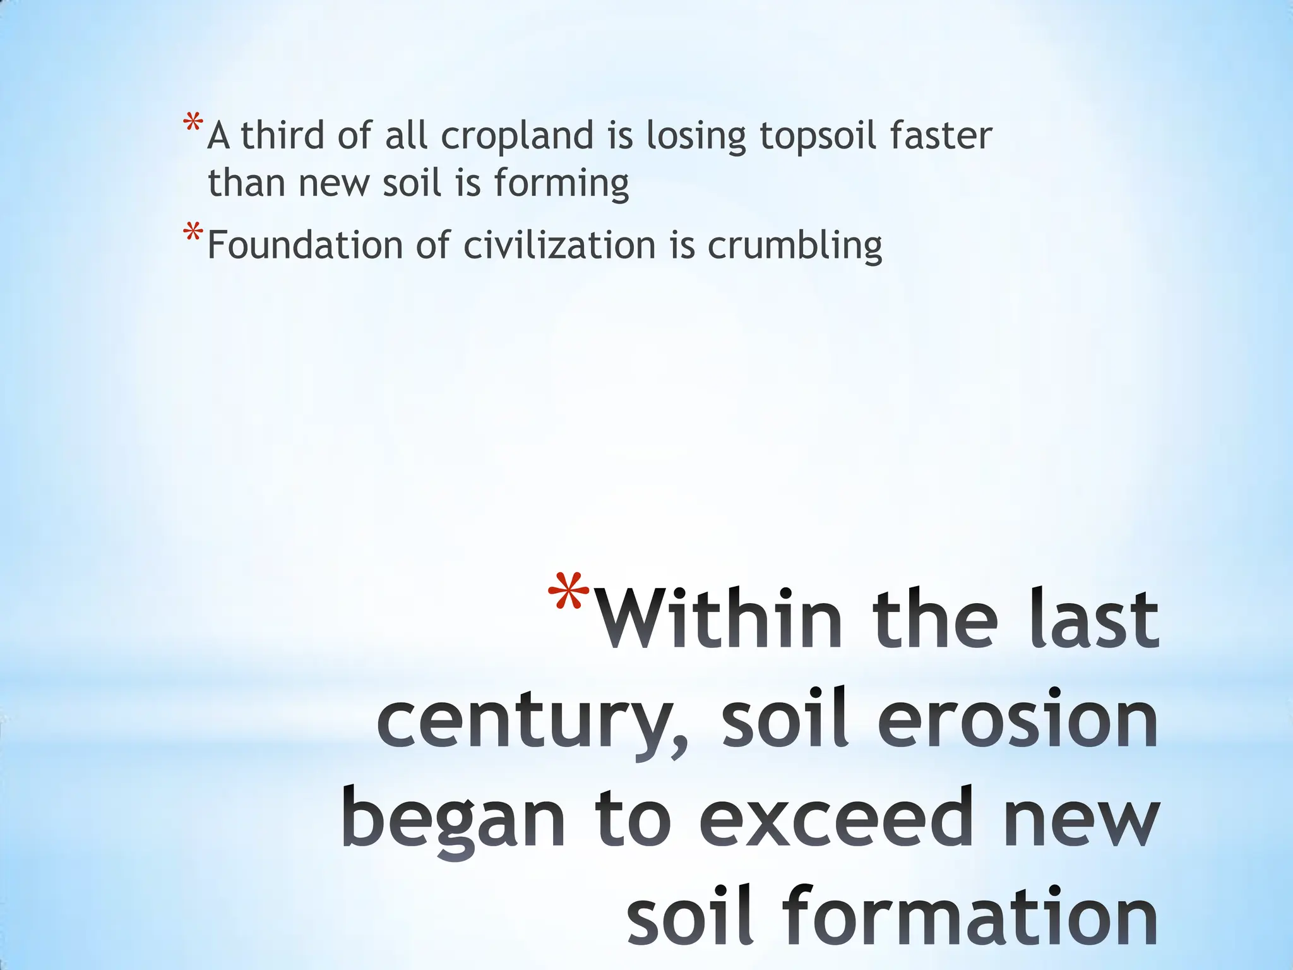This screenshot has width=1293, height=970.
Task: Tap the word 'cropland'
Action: [517, 136]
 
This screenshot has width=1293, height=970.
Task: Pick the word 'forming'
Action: [561, 184]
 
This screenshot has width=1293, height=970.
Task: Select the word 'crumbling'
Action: [795, 246]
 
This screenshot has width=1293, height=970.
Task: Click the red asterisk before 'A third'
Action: [193, 123]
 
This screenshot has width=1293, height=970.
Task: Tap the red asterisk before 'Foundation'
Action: [193, 232]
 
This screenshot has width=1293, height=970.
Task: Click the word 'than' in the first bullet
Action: [246, 183]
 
